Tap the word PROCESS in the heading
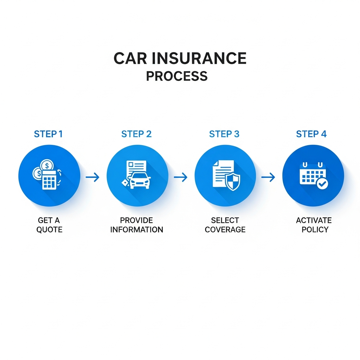(176, 76)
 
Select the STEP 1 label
(48, 134)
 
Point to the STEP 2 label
(136, 134)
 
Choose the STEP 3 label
(224, 134)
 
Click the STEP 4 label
(311, 134)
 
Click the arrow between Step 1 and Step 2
(93, 177)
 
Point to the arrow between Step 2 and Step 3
(181, 177)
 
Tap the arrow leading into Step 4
(268, 177)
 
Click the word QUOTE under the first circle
(49, 230)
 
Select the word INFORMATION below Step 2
(137, 230)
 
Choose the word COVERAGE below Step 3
(225, 230)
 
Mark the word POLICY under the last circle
(315, 230)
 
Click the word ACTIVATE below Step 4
(314, 220)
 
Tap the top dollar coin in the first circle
(47, 165)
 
